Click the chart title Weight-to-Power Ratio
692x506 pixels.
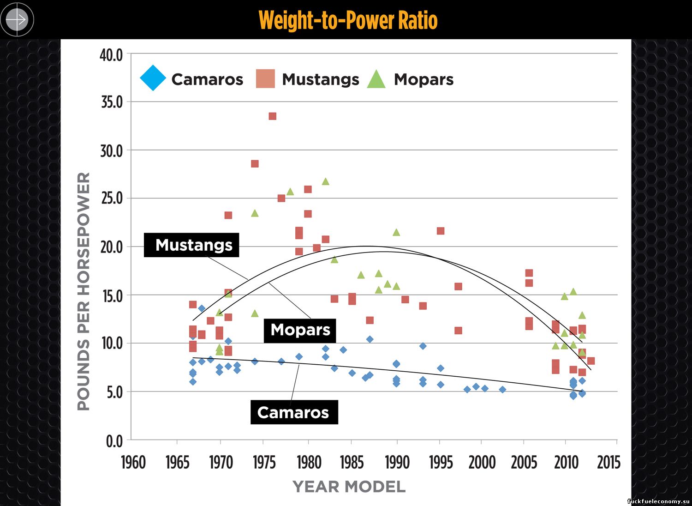click(x=348, y=20)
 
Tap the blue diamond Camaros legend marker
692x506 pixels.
click(x=153, y=78)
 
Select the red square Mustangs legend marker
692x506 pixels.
click(x=265, y=78)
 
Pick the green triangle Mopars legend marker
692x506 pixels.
click(x=376, y=79)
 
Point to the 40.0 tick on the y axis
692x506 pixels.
click(x=111, y=55)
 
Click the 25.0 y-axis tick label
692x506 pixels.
click(x=111, y=199)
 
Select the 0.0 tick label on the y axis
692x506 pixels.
click(x=114, y=441)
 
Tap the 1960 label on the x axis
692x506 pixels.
click(x=133, y=462)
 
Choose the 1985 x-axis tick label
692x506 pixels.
click(x=352, y=462)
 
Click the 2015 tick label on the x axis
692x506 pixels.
click(x=608, y=462)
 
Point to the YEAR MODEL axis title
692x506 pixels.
click(x=349, y=487)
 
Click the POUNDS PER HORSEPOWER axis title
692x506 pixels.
click(x=84, y=291)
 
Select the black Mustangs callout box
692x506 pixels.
click(x=191, y=245)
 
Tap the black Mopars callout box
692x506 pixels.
click(x=300, y=330)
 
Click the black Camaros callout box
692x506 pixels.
click(x=294, y=412)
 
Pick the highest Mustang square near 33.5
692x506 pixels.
click(x=272, y=116)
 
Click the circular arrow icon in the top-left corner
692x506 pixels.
click(x=17, y=19)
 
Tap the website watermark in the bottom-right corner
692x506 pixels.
click(x=658, y=501)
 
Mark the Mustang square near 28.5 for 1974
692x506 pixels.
click(x=255, y=164)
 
